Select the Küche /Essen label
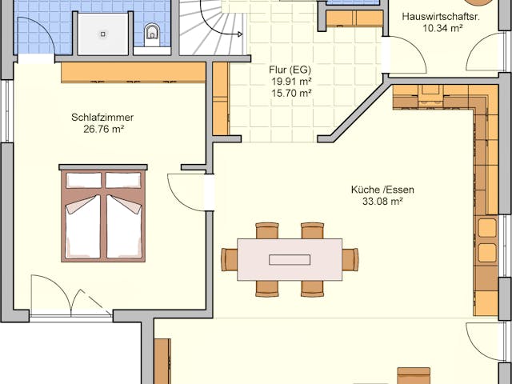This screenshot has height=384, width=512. [x=382, y=190]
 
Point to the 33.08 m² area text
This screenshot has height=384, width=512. [x=382, y=202]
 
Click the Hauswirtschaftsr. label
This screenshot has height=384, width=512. [x=441, y=16]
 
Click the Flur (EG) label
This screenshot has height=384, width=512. [x=290, y=69]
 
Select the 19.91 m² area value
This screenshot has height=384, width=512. [x=290, y=81]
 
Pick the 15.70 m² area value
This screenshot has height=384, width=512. [x=290, y=93]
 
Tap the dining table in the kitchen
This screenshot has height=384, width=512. [x=290, y=259]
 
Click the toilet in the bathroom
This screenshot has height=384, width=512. [x=152, y=33]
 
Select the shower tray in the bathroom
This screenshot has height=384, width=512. [x=102, y=34]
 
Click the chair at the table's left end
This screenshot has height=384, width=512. [x=230, y=259]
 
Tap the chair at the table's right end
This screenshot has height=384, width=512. [x=350, y=259]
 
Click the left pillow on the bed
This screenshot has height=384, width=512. [x=83, y=180]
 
